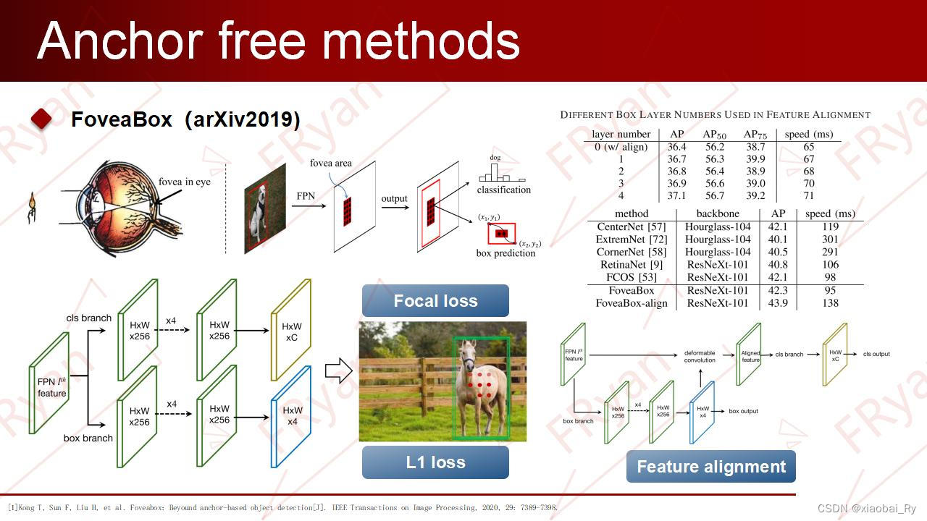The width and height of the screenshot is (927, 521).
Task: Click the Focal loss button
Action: [x=435, y=300]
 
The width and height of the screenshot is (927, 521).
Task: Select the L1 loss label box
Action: [x=435, y=462]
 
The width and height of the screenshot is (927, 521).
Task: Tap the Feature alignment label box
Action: [x=710, y=467]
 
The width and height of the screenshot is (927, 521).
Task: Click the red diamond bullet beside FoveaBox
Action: [x=42, y=119]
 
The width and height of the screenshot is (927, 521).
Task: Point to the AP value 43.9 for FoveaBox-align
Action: [x=779, y=303]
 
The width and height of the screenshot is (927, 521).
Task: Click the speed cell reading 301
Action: [x=830, y=239]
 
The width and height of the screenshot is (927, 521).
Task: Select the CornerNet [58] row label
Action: [x=621, y=252]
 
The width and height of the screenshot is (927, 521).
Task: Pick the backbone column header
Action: [x=717, y=213]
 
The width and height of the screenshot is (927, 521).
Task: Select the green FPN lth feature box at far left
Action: [x=50, y=384]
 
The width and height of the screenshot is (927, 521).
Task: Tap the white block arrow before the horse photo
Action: [x=338, y=371]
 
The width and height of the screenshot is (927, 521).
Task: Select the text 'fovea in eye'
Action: [x=185, y=182]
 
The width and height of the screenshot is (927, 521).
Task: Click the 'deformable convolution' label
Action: [x=700, y=356]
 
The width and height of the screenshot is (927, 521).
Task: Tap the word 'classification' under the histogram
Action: [x=503, y=190]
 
